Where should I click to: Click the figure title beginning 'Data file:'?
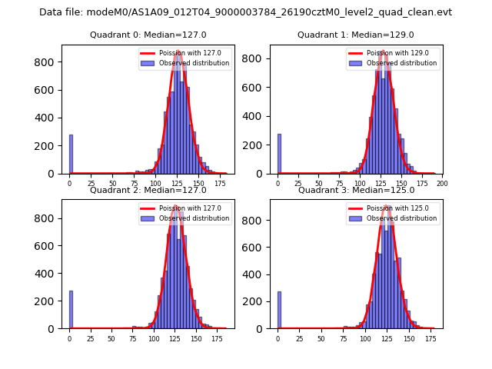point(245,12)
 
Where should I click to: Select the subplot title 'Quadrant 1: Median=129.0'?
point(355,35)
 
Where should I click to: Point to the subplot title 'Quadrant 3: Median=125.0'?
point(355,190)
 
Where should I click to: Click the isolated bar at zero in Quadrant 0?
point(71,155)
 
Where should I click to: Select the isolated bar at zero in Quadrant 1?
point(279,155)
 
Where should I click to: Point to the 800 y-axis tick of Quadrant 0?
point(49,61)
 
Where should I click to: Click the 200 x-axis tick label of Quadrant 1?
point(441,183)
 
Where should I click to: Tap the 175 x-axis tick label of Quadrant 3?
point(430,337)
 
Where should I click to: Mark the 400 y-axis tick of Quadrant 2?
point(49,274)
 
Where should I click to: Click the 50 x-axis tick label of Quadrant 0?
point(112,183)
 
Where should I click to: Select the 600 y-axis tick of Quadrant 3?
point(257,246)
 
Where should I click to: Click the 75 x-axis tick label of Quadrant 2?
point(133,337)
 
